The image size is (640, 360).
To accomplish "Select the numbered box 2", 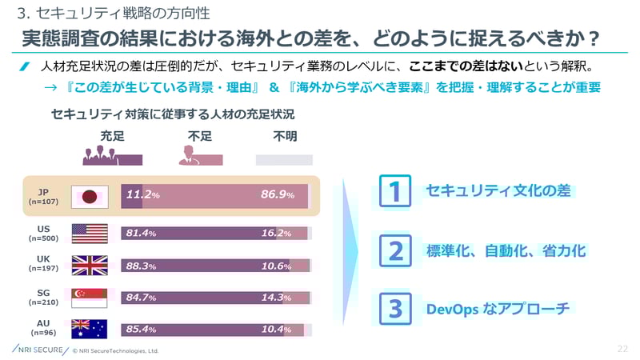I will tap(394, 250).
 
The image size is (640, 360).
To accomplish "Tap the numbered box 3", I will tap(394, 308).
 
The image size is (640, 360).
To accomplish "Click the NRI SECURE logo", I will tap(40, 350).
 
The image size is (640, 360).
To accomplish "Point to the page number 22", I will tap(623, 349).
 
